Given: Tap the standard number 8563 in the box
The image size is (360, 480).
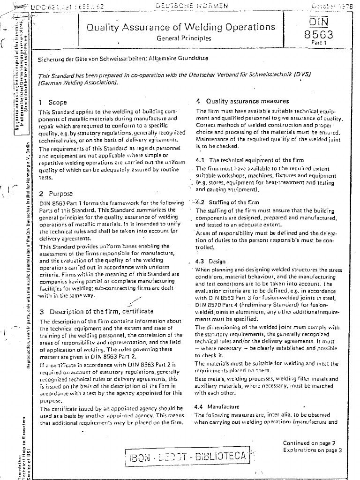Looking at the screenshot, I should click(x=318, y=35).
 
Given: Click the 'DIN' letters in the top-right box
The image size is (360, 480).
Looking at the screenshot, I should click(x=318, y=22).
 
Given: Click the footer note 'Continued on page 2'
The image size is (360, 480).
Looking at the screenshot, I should click(x=309, y=443).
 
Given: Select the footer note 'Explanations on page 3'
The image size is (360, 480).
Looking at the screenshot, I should click(x=312, y=450).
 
